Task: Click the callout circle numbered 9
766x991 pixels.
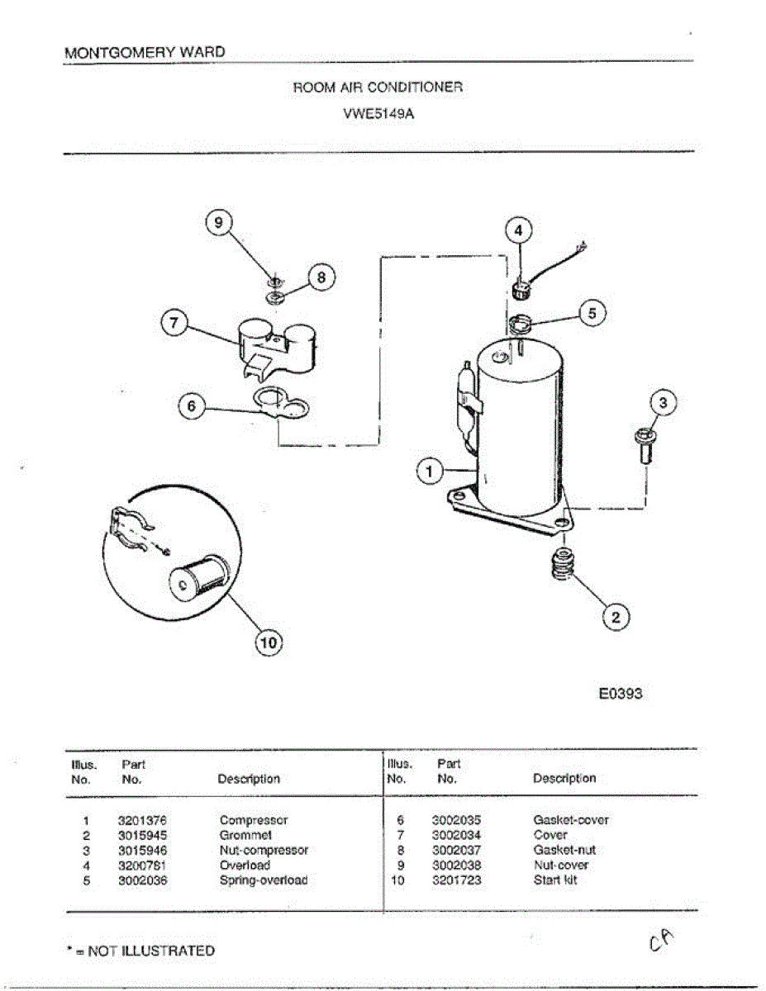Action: (x=219, y=223)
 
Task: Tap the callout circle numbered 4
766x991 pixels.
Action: (x=519, y=230)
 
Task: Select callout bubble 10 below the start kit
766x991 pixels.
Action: (x=268, y=641)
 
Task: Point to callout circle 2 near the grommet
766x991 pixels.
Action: (x=616, y=616)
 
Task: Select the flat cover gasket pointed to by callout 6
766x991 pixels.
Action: (x=281, y=406)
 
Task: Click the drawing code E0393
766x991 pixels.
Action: (x=621, y=694)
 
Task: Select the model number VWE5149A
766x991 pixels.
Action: (x=378, y=115)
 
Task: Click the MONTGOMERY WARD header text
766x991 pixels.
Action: (x=145, y=53)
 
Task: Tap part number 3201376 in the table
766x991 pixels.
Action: (x=142, y=821)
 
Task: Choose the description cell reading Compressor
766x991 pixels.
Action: (x=254, y=821)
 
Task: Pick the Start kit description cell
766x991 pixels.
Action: (x=555, y=880)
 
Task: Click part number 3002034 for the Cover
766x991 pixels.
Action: (x=456, y=836)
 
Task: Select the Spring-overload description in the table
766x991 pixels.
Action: (x=263, y=880)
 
